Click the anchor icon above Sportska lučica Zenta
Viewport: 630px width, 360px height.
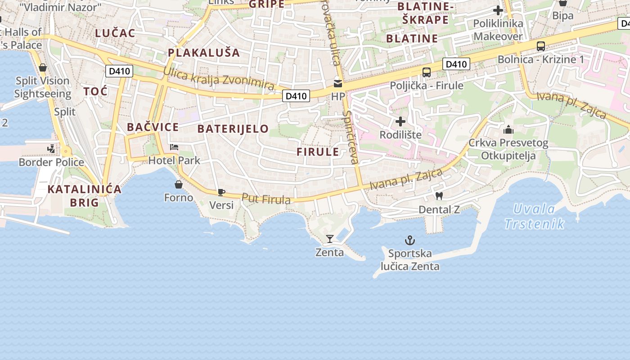pyautogui.click(x=409, y=240)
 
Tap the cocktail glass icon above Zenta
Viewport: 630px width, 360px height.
pyautogui.click(x=330, y=239)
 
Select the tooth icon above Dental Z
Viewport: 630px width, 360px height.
pyautogui.click(x=439, y=196)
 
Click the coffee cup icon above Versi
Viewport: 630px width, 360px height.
pyautogui.click(x=221, y=192)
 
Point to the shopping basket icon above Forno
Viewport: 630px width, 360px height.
pyautogui.click(x=179, y=184)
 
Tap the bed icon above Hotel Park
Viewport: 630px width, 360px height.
pyautogui.click(x=174, y=147)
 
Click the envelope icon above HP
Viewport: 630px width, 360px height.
pyautogui.click(x=338, y=83)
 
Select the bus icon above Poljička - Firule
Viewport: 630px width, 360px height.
pyautogui.click(x=426, y=72)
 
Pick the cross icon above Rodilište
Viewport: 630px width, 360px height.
pyautogui.click(x=400, y=121)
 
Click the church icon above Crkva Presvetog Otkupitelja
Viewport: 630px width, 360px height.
pyautogui.click(x=508, y=130)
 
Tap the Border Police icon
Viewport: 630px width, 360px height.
pyautogui.click(x=51, y=149)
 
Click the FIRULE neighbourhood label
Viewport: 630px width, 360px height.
pyautogui.click(x=318, y=152)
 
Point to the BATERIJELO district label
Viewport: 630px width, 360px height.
pyautogui.click(x=233, y=129)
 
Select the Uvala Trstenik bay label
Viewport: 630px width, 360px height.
pyautogui.click(x=535, y=216)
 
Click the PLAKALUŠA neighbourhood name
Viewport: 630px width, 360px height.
pyautogui.click(x=204, y=53)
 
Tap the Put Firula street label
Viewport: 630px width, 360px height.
pyautogui.click(x=266, y=198)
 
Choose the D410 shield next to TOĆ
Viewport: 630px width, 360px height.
pyautogui.click(x=119, y=71)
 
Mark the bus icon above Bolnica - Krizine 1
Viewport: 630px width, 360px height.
pyautogui.click(x=540, y=46)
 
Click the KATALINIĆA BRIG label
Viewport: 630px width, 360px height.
pyautogui.click(x=85, y=195)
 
